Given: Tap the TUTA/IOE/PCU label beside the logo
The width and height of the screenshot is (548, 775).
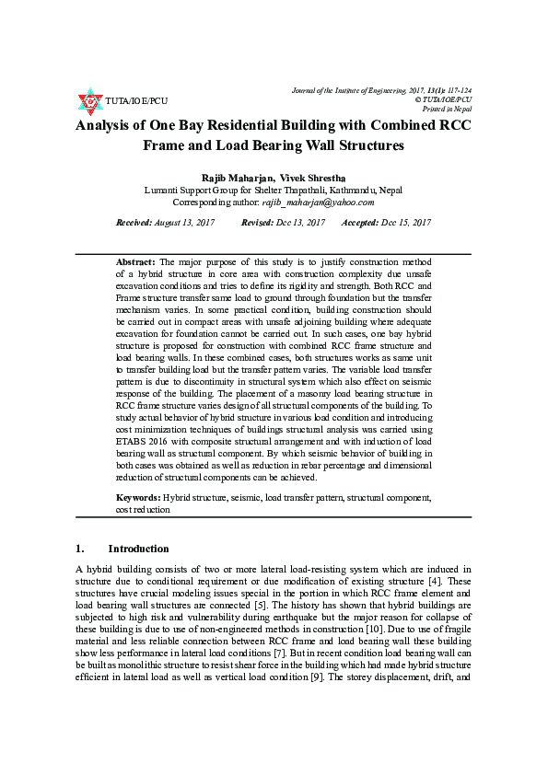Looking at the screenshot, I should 136,100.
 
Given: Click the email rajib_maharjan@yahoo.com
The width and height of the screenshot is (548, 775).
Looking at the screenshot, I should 320,202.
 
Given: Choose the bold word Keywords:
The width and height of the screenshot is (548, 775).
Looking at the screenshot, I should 138,497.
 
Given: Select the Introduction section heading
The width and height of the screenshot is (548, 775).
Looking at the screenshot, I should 138,549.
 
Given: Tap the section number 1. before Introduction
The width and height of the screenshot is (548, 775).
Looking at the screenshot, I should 80,549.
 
